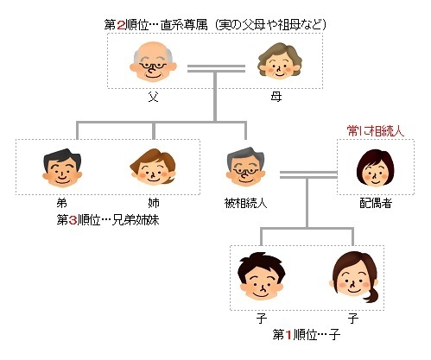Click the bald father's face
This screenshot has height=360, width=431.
(x=153, y=61)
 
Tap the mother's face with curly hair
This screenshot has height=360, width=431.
(x=280, y=61)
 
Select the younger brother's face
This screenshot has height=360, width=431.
(x=62, y=167)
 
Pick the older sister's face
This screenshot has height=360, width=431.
(x=153, y=167)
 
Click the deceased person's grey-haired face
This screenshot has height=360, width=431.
(x=245, y=167)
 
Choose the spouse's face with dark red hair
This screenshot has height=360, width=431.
(x=376, y=167)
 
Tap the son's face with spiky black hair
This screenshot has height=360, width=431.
(x=262, y=276)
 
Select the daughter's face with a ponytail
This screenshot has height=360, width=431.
(x=354, y=277)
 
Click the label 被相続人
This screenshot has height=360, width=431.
(x=245, y=203)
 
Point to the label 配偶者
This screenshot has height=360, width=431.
(x=376, y=203)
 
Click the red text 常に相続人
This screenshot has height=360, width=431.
(x=376, y=131)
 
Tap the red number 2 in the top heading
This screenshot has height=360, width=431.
(x=121, y=25)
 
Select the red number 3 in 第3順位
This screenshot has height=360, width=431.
(x=73, y=220)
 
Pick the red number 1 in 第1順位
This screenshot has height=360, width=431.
(x=289, y=335)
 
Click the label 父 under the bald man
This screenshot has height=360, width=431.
(x=153, y=97)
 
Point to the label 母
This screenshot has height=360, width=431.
(x=276, y=97)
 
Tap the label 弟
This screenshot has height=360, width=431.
(x=62, y=203)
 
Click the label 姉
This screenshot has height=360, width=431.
(x=154, y=203)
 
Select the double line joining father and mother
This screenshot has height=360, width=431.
(x=216, y=68)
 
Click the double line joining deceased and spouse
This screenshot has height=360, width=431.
(x=308, y=174)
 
